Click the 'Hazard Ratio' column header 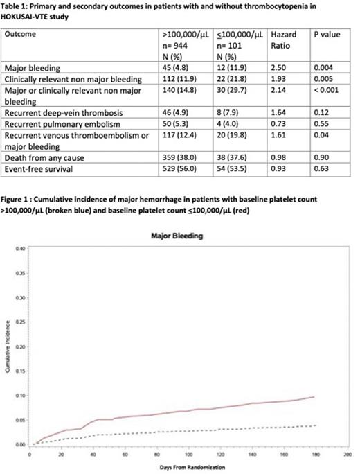click(282, 39)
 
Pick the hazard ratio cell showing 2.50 click(278, 68)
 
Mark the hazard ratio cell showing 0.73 click(278, 127)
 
